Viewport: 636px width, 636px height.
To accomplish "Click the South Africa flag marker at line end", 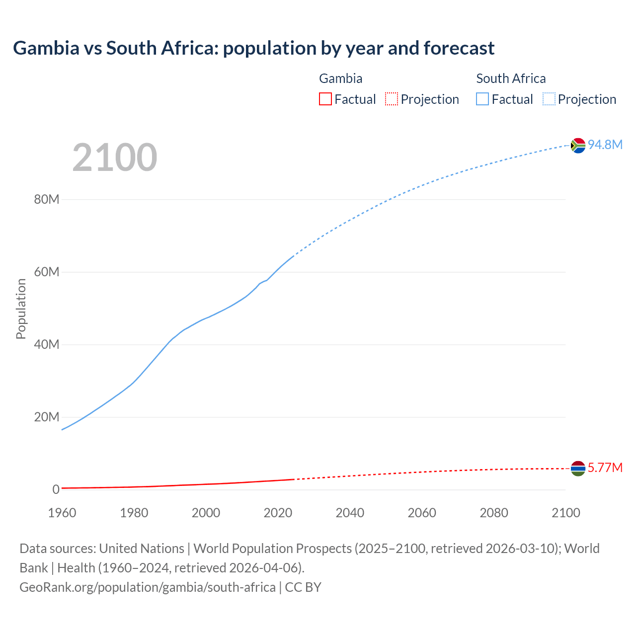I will tap(578, 146).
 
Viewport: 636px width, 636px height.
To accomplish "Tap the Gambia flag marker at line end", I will tap(578, 469).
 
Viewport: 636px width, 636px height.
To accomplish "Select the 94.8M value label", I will tap(605, 145).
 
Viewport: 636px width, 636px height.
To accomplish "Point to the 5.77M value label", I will tap(605, 468).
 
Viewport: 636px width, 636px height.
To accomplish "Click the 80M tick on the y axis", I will tap(47, 200).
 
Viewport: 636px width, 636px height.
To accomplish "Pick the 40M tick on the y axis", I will tap(47, 345).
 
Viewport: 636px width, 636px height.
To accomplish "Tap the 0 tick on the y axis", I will tap(56, 489).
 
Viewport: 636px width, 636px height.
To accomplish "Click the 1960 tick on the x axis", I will tap(62, 513).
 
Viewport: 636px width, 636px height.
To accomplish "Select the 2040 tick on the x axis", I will tap(350, 513).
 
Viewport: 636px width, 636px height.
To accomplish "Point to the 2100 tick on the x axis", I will tap(565, 513).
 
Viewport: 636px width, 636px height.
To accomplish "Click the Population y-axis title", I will tap(21, 309).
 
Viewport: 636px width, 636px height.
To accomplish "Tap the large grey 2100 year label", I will tap(115, 158).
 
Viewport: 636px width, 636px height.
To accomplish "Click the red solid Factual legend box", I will tap(325, 99).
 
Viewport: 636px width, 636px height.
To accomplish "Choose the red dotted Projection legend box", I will tap(392, 99).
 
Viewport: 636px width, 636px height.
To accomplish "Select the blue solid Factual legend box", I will tap(482, 99).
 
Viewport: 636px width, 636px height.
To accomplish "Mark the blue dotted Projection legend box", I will tap(549, 99).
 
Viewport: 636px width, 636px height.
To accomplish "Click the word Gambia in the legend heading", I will tap(340, 79).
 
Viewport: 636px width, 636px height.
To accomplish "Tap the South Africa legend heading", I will tap(511, 79).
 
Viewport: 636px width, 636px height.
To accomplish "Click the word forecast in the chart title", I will tap(459, 48).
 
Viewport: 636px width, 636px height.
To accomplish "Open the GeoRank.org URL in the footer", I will tap(147, 587).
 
